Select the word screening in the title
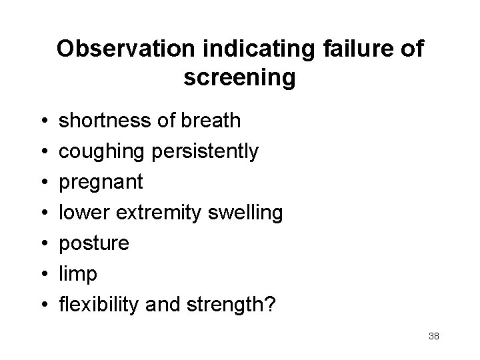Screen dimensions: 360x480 (239, 78)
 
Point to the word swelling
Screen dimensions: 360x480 (246, 213)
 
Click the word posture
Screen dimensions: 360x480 (94, 244)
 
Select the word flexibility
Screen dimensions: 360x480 (97, 305)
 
